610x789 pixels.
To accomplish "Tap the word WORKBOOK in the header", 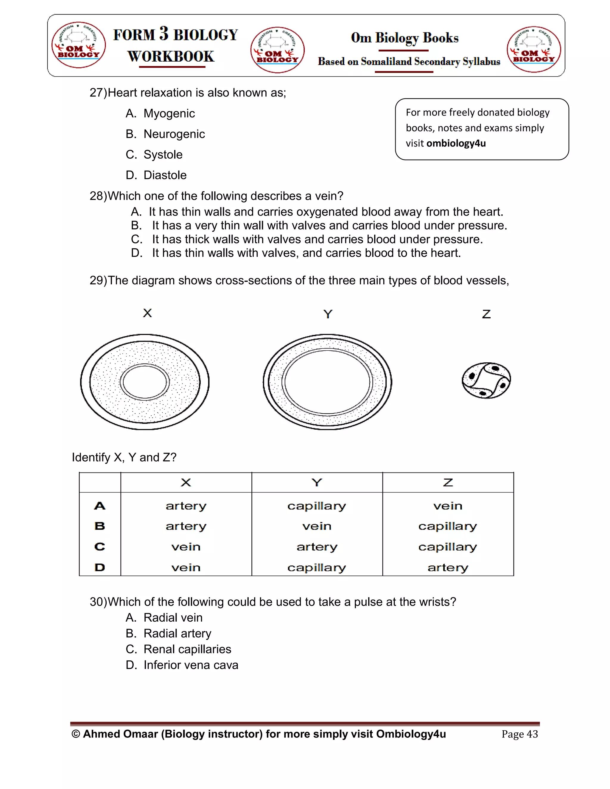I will pos(171,56).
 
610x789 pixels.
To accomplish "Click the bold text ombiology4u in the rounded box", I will pos(456,144).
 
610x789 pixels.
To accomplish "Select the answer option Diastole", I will pos(165,175).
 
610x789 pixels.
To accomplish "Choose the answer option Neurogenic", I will pos(174,134).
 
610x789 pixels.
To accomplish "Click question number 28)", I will pos(98,196).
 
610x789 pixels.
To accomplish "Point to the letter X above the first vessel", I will pos(147,313).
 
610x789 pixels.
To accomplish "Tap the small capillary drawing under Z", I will pos(486,381).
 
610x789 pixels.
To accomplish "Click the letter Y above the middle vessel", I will pos(327,314).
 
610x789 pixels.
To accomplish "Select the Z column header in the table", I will pos(448,483).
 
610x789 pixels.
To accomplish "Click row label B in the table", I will pos(100,526).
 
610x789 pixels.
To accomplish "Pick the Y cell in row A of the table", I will pos(317,506).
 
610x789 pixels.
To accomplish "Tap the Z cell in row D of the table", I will pos(448,567).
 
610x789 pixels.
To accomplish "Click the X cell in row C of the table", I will pos(186,547).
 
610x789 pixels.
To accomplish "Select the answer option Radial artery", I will pos(177,633).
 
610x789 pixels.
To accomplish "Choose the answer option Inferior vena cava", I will pos(191,665).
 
